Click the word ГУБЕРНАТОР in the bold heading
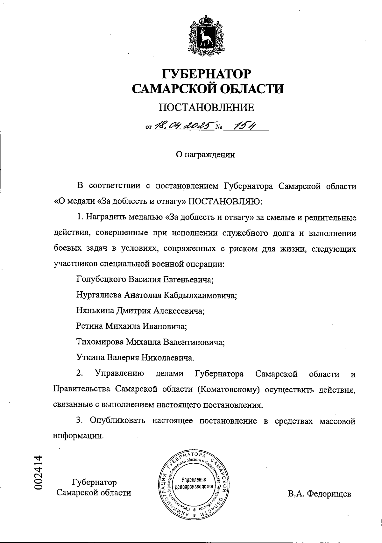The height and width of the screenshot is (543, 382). click(207, 74)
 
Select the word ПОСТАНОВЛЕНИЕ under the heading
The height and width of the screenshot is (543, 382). click(207, 108)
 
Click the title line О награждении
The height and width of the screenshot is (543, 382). click(206, 155)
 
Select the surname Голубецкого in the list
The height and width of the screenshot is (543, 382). click(101, 280)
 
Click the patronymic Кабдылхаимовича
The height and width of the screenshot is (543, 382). click(200, 295)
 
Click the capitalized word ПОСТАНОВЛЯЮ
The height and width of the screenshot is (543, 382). click(226, 202)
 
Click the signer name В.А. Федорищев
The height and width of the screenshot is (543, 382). click(319, 494)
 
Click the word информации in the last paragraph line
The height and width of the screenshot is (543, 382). click(78, 436)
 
